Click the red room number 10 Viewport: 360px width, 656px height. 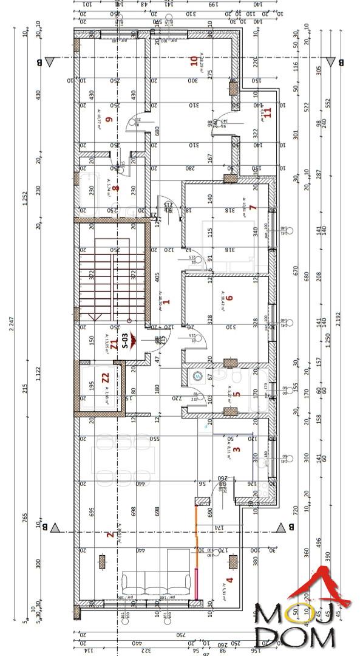[194, 61]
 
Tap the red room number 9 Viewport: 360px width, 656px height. [109, 120]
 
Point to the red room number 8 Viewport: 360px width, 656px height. [115, 188]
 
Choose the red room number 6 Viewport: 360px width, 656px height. [230, 298]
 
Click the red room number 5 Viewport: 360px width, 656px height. [237, 394]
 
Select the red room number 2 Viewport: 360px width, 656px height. [109, 535]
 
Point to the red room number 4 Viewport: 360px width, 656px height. [229, 580]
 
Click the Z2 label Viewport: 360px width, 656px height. [104, 377]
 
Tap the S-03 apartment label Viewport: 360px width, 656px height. [125, 341]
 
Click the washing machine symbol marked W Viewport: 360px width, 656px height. [197, 377]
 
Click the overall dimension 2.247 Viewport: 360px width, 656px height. [11, 328]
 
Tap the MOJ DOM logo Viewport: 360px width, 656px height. [296, 613]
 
